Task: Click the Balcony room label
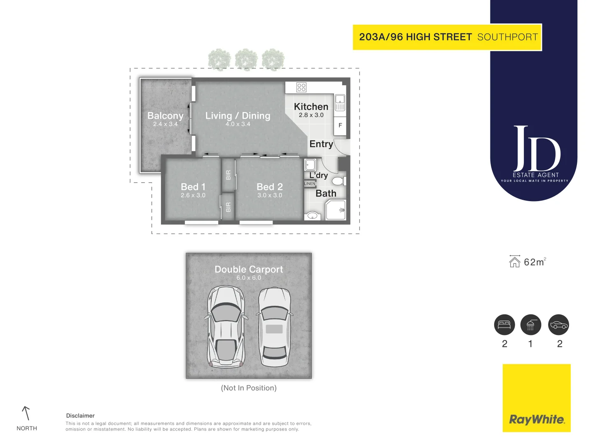pos(165,116)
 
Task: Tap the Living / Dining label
pos(238,116)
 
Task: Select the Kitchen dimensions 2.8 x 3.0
pos(311,115)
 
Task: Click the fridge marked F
pos(340,125)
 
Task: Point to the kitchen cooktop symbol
pos(301,87)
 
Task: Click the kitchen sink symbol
pos(340,103)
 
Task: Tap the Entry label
pos(321,144)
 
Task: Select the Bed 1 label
pos(193,187)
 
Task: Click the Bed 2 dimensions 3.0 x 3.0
pos(270,195)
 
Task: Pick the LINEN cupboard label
pos(310,183)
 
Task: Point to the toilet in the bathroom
pos(339,181)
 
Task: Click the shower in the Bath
pos(336,210)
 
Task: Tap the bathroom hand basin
pos(313,215)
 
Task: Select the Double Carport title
pos(249,269)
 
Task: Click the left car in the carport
pos(225,327)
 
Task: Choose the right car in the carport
pos(274,327)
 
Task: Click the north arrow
pos(26,413)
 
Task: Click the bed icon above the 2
pos(504,325)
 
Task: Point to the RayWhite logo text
pos(537,419)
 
